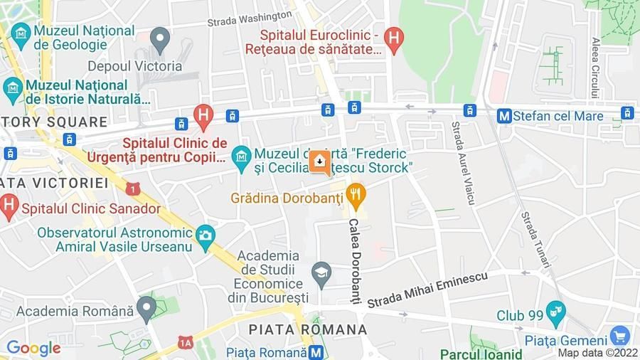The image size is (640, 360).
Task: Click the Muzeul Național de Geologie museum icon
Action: click(x=21, y=33)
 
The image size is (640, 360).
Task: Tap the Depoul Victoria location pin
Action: click(x=160, y=38)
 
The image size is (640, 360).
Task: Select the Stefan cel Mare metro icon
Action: click(x=504, y=115)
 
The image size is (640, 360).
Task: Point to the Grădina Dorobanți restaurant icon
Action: click(x=356, y=193)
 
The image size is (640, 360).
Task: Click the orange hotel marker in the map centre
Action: click(x=319, y=163)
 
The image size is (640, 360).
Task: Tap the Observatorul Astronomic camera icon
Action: click(x=206, y=235)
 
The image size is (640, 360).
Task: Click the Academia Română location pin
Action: click(x=146, y=309)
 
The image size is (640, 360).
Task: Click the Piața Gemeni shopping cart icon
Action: click(x=619, y=335)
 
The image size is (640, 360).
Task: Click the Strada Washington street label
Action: click(x=250, y=18)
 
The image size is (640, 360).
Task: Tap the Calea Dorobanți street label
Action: click(x=355, y=260)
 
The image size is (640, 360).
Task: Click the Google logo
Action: click(x=33, y=349)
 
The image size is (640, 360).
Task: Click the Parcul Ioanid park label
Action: click(x=481, y=354)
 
